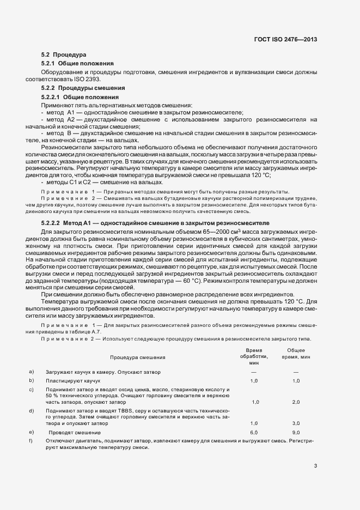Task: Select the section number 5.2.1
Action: coord(50,64)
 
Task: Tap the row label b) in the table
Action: coord(32,380)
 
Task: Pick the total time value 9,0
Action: coord(296,432)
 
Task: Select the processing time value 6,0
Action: coord(254,432)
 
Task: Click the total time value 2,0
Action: coord(296,402)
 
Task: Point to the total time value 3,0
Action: coord(296,423)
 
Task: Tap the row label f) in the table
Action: coord(31,440)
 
